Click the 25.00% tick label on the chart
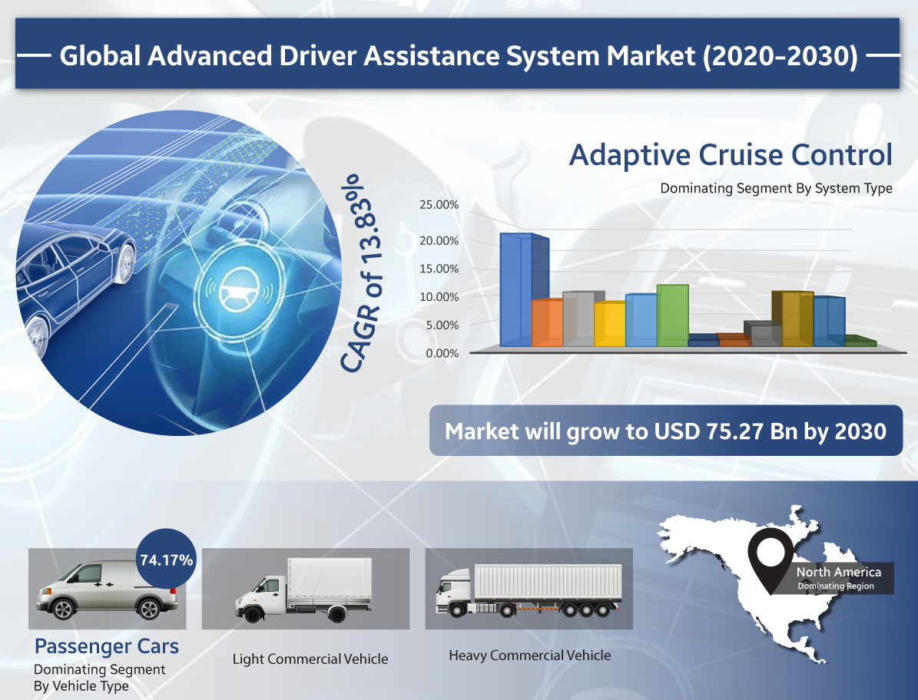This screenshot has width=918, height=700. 439,205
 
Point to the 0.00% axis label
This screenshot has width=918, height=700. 442,353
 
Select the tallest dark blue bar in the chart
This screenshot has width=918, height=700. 524,290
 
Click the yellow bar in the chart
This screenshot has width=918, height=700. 609,324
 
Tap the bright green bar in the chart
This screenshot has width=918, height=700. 673,315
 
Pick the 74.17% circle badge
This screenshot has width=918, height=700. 166,559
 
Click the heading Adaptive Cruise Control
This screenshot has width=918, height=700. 731,155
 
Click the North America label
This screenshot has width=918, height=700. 838,572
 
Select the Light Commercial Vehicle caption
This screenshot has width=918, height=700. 310,659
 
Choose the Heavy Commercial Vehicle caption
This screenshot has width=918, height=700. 530,655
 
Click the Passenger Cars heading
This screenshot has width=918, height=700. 107,646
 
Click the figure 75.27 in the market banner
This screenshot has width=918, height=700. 734,431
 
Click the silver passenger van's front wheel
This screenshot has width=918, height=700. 62,609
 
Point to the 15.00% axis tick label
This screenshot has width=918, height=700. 439,269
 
